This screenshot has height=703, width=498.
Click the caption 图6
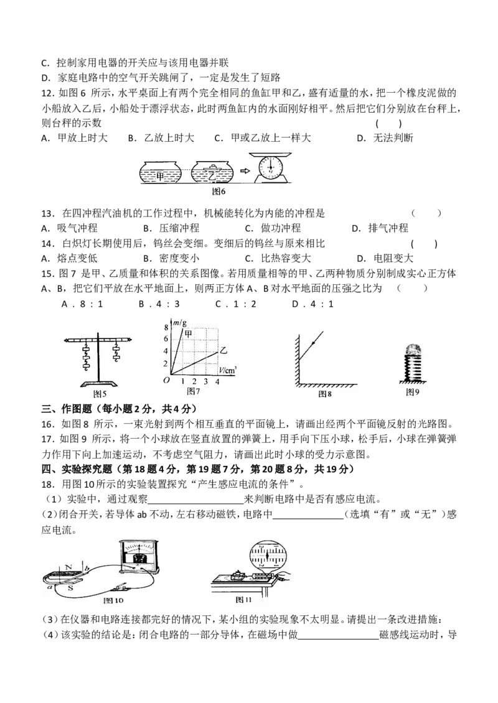[x=218, y=192]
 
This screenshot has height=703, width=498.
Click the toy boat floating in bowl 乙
[x=214, y=167]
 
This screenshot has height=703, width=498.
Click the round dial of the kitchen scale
[x=271, y=167]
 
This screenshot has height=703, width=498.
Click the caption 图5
[x=99, y=394]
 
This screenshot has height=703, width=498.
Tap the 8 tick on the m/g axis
[x=166, y=327]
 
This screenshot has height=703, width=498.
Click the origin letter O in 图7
[x=166, y=380]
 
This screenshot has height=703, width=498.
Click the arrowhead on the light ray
[x=313, y=343]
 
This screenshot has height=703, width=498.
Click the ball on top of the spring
[x=414, y=349]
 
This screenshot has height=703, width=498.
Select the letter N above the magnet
[x=68, y=566]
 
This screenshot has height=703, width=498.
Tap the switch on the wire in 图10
[x=120, y=587]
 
